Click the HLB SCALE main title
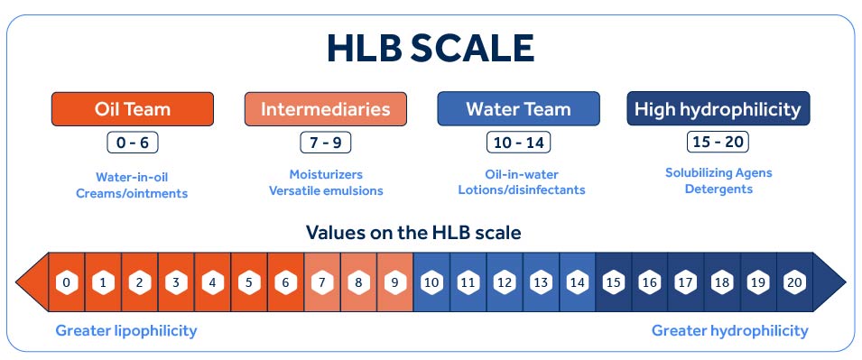coord(431,49)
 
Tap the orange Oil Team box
coord(133,109)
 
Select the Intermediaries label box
coord(326,109)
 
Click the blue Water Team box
coord(518,109)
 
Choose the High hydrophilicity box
coord(718,109)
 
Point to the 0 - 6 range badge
coord(133,143)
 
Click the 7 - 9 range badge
coord(326,143)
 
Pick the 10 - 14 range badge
coord(518,143)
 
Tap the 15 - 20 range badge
coord(718,143)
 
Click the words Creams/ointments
coord(132,193)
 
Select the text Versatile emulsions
coord(326,191)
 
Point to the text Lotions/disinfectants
coord(522,190)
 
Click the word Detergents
coord(718,189)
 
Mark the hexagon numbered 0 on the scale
coord(67,283)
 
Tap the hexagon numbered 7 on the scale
coord(321,283)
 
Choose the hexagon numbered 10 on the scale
coord(431,283)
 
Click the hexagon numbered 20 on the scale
coord(794,283)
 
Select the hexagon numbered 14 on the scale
coord(578,283)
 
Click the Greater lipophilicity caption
coord(126,331)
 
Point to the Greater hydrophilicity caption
coord(730,331)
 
